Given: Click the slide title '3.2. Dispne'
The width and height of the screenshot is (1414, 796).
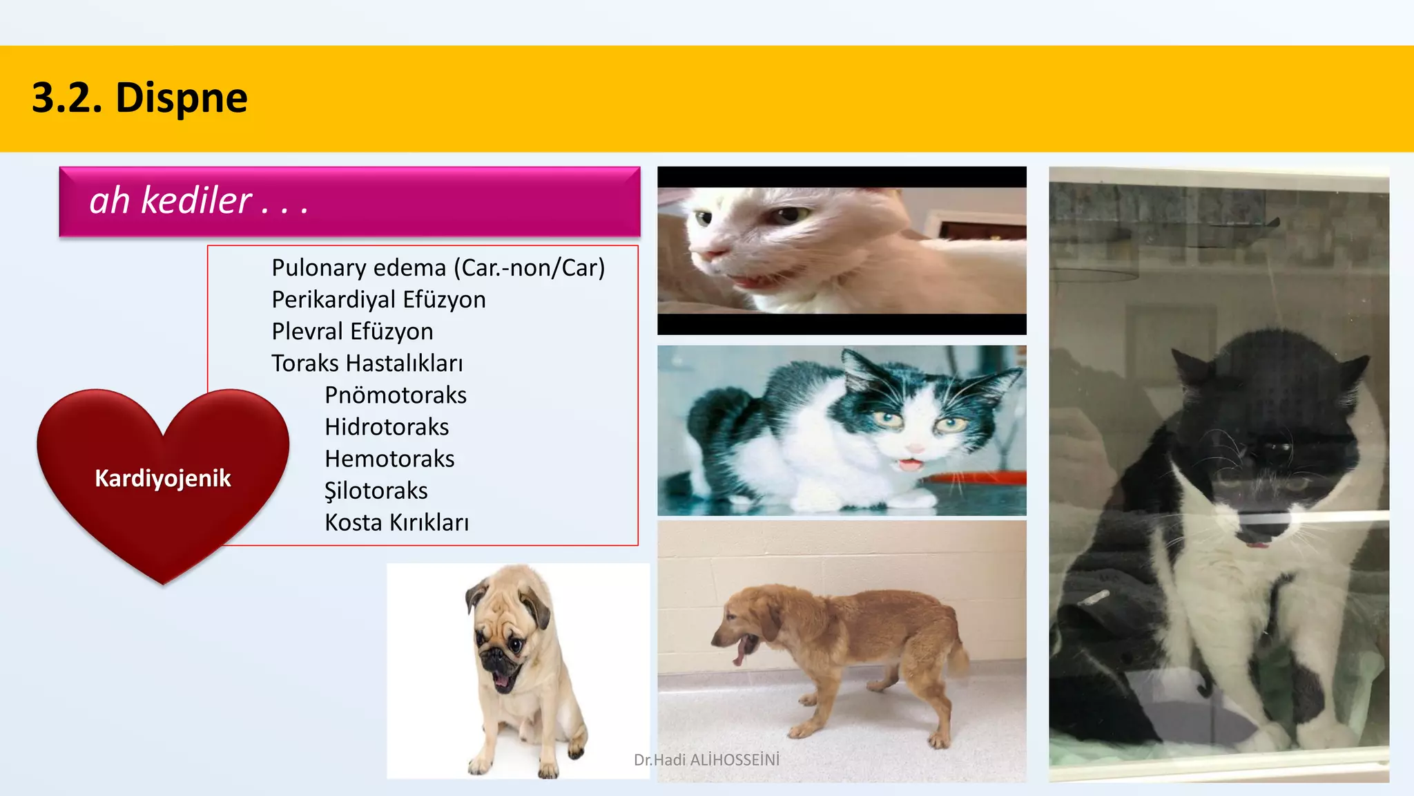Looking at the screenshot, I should (x=139, y=97).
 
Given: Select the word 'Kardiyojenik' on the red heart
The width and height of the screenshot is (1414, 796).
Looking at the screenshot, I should (x=163, y=478).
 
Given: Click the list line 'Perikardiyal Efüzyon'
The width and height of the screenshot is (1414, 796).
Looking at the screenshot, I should (x=378, y=300).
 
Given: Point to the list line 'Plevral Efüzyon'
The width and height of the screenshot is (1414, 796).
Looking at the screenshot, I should (x=352, y=332).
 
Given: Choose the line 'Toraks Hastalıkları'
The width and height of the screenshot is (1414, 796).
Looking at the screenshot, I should (x=367, y=363).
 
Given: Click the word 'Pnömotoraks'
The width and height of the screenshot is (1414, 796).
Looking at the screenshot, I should (x=396, y=395).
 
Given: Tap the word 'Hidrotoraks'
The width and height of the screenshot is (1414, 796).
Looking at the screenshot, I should (x=387, y=427).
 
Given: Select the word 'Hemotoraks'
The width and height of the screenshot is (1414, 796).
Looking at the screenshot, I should (x=389, y=459).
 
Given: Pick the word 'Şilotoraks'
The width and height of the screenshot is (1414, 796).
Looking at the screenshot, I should (x=376, y=491).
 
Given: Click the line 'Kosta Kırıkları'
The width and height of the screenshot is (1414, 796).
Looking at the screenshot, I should (x=397, y=522).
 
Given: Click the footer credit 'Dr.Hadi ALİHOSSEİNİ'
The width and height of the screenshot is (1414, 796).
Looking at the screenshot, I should (x=706, y=760).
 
